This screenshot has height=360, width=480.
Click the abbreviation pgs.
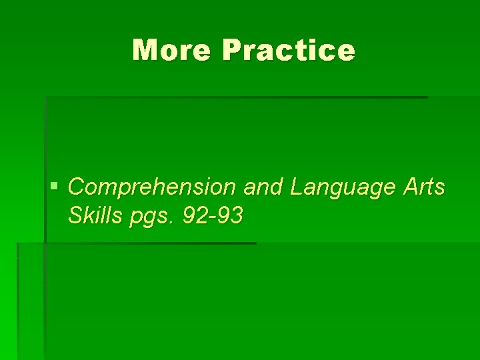coord(148,217)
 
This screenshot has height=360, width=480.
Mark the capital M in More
coord(143,50)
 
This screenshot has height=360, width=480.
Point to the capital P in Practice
coord(233,50)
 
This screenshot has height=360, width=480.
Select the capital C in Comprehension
coord(76,187)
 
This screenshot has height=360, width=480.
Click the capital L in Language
coord(296,187)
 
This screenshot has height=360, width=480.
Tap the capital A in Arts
coord(410,187)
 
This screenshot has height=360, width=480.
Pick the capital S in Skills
coord(75,215)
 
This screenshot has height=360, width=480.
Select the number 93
coord(229,215)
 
